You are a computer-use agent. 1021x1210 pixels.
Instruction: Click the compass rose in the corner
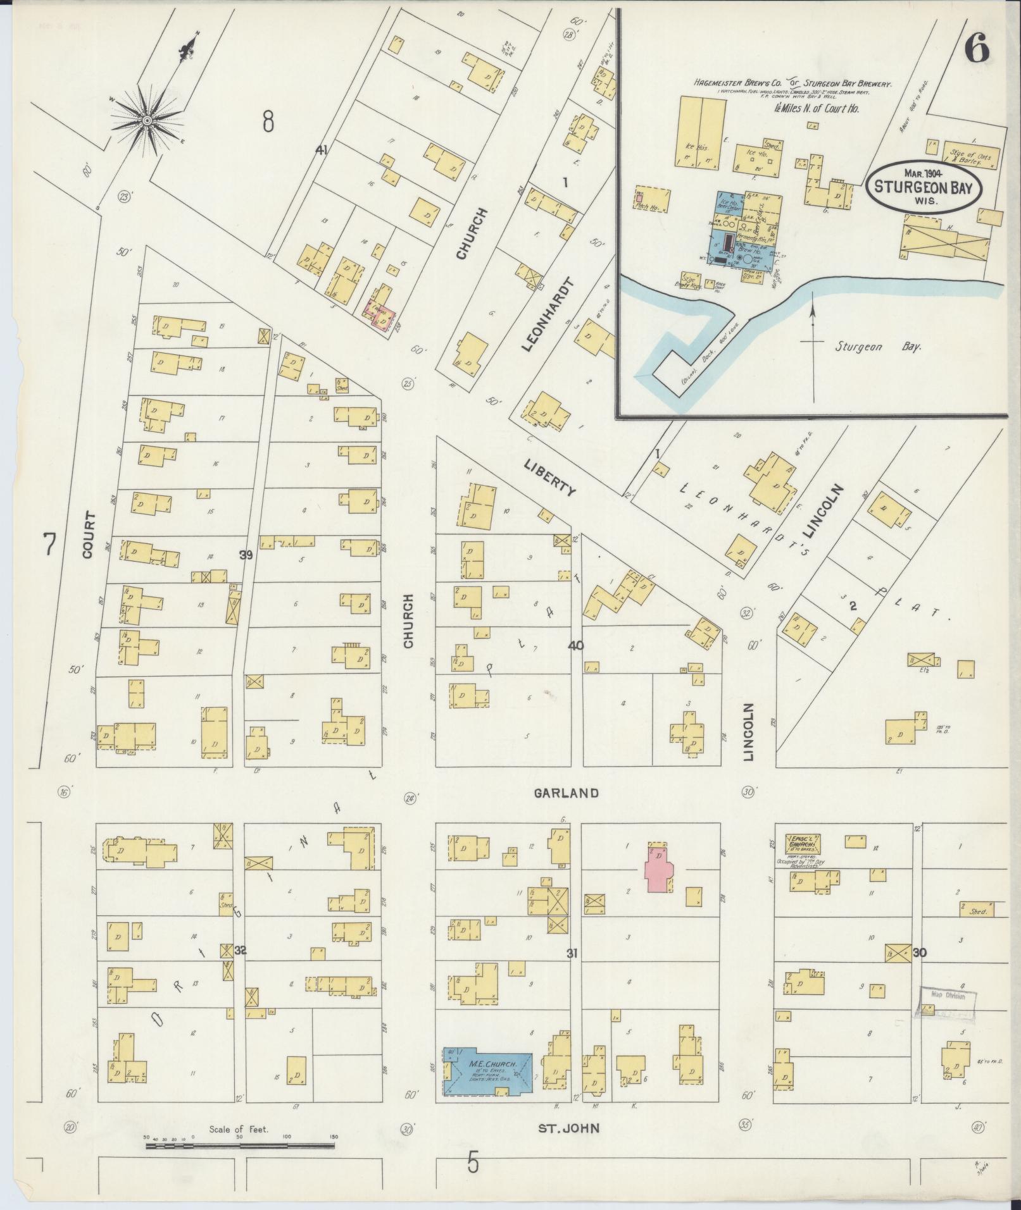pos(147,120)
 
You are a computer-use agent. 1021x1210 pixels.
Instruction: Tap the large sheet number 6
pos(977,49)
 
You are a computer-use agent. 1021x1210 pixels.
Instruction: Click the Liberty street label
pos(549,478)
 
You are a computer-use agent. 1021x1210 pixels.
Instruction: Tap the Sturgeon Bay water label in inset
pos(877,347)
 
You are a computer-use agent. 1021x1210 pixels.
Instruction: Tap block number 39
pos(246,555)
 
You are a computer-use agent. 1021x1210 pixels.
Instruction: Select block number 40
pos(575,646)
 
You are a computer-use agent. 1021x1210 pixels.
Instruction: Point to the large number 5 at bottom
pos(473,1163)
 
